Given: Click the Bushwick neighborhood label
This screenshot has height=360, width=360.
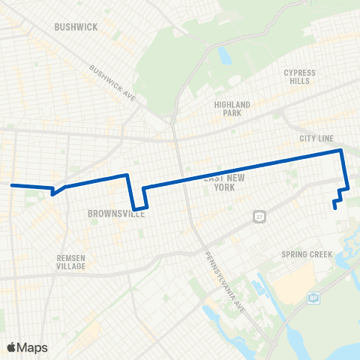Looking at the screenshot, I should tap(76, 27).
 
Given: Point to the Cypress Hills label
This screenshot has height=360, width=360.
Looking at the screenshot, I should tap(299, 77).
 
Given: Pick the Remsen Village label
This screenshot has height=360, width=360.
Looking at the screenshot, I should tap(72, 262).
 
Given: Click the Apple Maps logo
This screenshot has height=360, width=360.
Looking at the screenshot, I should tap(26, 347).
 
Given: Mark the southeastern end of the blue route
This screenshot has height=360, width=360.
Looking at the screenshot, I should tap(334, 208).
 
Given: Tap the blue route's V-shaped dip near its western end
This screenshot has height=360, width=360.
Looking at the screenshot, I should tap(52, 193).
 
